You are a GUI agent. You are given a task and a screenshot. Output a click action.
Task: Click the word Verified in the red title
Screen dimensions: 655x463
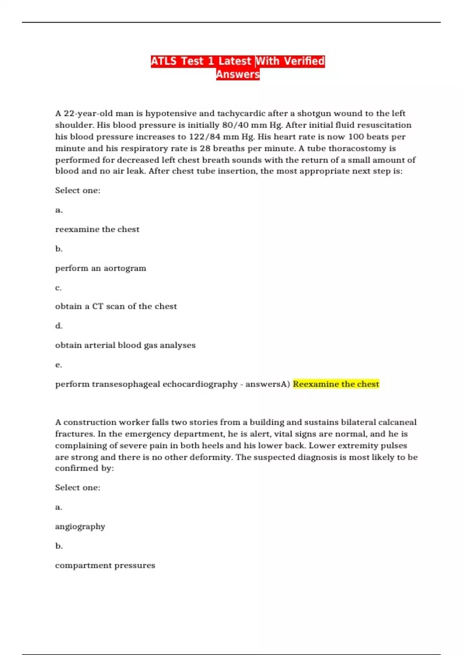pyautogui.click(x=304, y=61)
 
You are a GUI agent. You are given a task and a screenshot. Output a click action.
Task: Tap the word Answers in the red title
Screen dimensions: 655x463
pyautogui.click(x=238, y=74)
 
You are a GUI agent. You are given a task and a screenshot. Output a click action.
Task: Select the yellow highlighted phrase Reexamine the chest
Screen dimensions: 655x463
pyautogui.click(x=336, y=384)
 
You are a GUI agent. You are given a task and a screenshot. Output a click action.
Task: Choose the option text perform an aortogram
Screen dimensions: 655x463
pyautogui.click(x=100, y=268)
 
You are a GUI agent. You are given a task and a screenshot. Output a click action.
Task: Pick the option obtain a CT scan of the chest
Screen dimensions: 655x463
pyautogui.click(x=116, y=306)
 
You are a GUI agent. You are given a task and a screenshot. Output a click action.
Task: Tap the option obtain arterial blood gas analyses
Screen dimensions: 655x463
pyautogui.click(x=125, y=345)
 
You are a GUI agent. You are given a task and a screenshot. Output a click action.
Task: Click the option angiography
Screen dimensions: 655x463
pyautogui.click(x=80, y=527)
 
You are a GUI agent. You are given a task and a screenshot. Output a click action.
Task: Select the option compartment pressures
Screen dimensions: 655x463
pyautogui.click(x=105, y=566)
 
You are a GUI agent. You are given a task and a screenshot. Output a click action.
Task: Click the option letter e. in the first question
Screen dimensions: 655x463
pyautogui.click(x=59, y=364)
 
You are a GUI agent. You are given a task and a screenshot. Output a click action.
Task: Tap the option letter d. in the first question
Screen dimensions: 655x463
pyautogui.click(x=59, y=326)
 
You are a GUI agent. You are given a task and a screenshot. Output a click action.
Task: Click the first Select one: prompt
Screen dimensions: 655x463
pyautogui.click(x=78, y=190)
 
